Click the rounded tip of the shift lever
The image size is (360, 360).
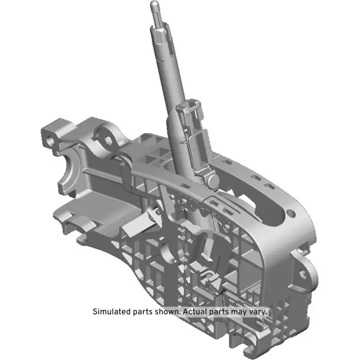point(154,5)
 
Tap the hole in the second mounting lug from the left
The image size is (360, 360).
point(104,134)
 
